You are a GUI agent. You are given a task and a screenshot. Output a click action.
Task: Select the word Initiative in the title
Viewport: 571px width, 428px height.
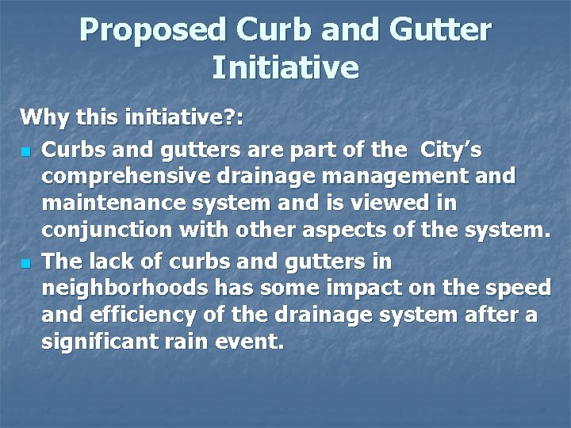(285, 67)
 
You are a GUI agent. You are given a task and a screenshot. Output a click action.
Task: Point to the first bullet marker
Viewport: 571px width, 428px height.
(26, 150)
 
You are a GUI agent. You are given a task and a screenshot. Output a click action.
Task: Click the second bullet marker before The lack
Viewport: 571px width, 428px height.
(26, 262)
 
